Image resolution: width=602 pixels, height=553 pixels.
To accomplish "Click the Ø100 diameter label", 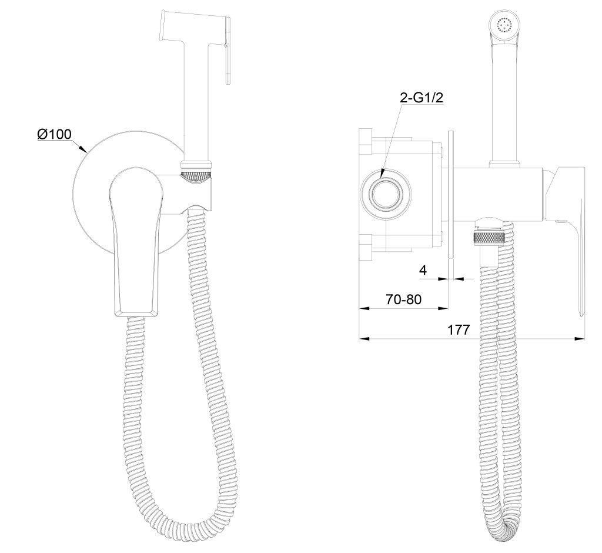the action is [55, 134].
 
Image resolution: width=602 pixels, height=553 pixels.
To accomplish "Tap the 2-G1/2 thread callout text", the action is [421, 98].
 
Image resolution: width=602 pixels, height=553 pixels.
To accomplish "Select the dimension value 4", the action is [423, 270].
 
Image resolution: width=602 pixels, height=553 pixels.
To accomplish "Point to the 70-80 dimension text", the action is [403, 299].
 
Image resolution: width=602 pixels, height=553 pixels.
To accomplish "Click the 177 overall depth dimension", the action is [459, 329].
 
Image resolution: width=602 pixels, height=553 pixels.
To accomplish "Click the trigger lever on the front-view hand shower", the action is [228, 50].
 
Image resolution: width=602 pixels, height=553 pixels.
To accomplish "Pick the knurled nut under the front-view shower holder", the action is [196, 177].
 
